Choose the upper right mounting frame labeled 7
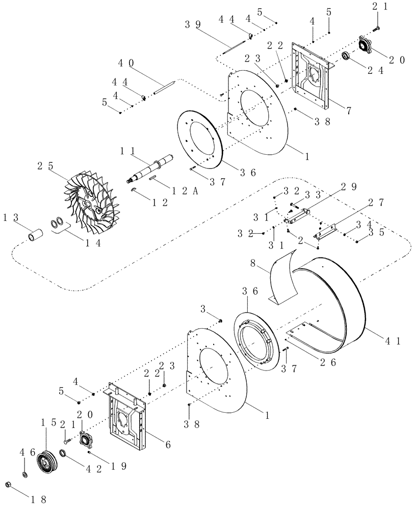(312, 79)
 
